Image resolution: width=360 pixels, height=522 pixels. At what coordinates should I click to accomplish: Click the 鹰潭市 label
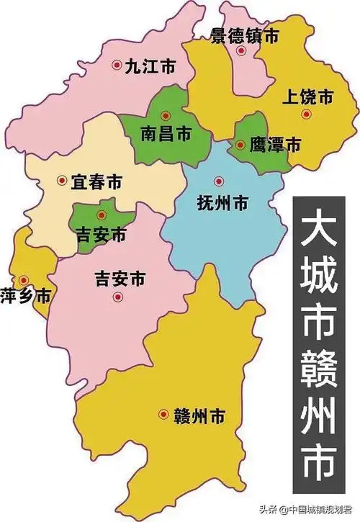point(274,145)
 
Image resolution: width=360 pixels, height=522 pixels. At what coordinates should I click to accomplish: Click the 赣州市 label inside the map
point(199,415)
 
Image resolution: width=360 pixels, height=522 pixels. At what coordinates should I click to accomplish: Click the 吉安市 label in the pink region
point(120,276)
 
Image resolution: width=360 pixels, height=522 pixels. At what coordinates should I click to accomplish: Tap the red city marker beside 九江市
point(117,65)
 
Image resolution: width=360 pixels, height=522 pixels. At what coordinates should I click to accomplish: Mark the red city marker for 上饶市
point(306,114)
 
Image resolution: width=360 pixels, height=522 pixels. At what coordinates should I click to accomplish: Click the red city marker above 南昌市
point(166,115)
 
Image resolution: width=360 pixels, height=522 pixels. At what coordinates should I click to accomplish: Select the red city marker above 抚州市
point(219,181)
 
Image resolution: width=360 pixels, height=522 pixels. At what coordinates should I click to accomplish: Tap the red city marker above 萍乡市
point(24,279)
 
